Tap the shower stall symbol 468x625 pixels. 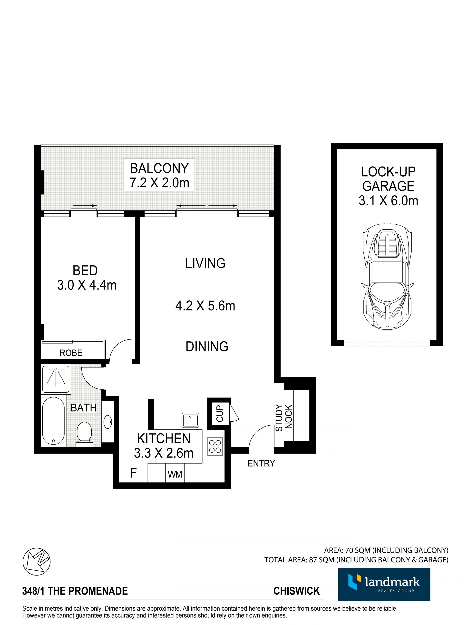[x=56, y=379]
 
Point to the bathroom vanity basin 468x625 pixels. [x=107, y=422]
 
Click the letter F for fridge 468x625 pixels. [x=133, y=473]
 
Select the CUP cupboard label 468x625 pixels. [x=220, y=413]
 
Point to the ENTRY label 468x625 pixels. [x=261, y=463]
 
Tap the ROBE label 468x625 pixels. [x=71, y=353]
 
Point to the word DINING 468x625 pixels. [x=207, y=347]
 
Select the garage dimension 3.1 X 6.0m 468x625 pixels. [x=388, y=201]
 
